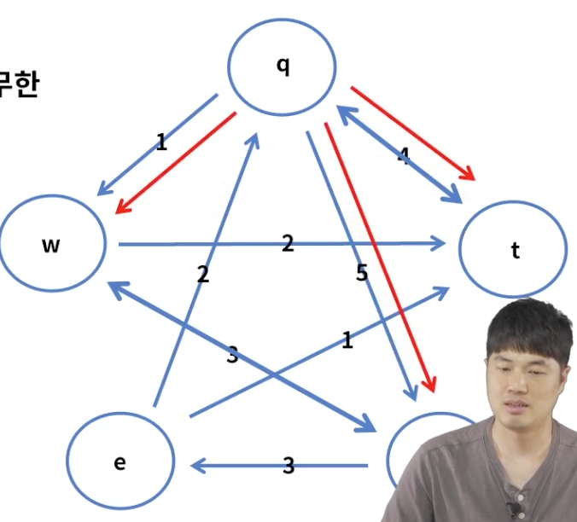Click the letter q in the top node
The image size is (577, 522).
[283, 66]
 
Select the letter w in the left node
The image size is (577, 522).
[51, 246]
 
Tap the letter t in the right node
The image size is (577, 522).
[515, 251]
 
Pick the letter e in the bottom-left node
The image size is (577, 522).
[119, 462]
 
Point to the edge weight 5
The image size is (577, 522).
[362, 273]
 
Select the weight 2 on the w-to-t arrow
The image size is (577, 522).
[288, 244]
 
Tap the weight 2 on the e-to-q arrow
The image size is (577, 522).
[202, 274]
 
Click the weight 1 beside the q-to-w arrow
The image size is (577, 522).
[161, 142]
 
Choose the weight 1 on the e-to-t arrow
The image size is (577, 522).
[347, 341]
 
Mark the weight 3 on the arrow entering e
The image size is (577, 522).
[288, 465]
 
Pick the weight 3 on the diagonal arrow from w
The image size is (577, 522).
[232, 356]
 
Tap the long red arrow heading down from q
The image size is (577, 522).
[380, 256]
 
